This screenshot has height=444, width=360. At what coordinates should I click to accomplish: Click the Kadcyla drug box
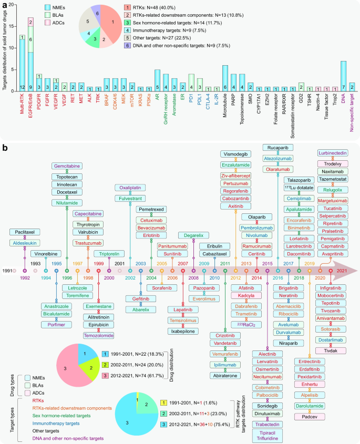pos(246,296)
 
